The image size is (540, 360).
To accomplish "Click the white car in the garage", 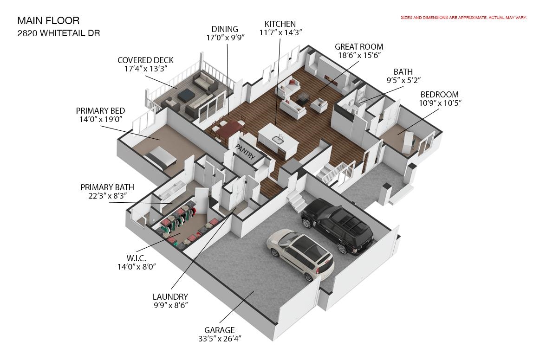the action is [300, 253].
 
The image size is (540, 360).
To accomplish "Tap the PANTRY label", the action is [245, 152].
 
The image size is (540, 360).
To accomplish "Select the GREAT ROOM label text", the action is [359, 47].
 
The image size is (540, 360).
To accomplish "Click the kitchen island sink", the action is [277, 139].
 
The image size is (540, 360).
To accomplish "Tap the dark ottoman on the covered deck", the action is [187, 95].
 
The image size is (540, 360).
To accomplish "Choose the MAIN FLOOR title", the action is [48, 21].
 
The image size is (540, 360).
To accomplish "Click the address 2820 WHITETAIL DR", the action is [59, 33].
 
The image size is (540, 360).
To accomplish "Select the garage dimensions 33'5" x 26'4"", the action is [220, 339].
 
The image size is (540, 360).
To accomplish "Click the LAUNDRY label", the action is [170, 296].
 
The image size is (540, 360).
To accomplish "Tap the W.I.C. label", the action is [137, 258].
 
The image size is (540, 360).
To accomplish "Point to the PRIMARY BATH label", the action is [107, 187].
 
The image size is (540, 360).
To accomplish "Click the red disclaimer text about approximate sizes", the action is [463, 18].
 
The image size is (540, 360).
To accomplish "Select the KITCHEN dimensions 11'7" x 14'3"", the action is [280, 32].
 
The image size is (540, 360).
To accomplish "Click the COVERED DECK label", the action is [145, 60].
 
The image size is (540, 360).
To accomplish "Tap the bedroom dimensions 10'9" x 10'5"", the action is [440, 103].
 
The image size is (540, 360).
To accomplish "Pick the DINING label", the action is [225, 29].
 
